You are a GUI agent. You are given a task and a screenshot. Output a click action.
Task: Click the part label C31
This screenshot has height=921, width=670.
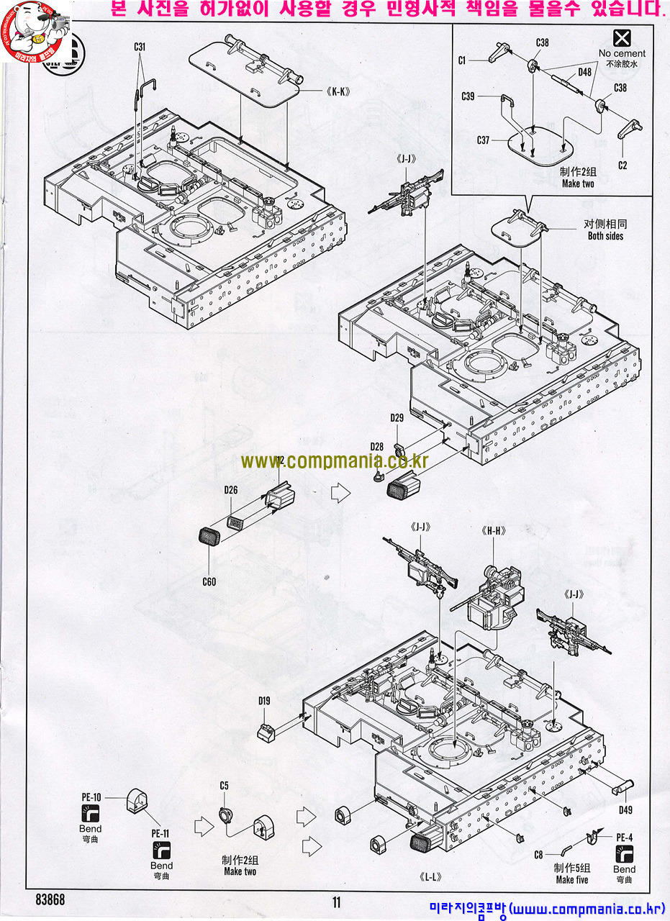(140, 47)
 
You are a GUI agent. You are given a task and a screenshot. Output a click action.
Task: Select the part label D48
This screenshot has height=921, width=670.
(584, 73)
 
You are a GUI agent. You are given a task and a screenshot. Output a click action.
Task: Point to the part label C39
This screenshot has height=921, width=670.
(468, 96)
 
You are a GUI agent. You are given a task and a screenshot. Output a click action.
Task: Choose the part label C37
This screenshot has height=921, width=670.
(483, 140)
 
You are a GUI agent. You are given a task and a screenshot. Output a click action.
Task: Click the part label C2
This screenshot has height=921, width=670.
(623, 165)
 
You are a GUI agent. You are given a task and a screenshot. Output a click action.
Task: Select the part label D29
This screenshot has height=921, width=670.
(397, 418)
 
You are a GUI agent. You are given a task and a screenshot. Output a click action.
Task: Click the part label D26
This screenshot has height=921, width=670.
(230, 491)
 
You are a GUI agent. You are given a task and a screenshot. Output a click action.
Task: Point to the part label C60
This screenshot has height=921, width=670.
(209, 581)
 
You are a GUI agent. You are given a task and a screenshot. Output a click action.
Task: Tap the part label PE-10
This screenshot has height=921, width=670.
(91, 797)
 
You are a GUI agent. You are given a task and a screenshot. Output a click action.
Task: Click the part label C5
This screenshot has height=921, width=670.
(224, 786)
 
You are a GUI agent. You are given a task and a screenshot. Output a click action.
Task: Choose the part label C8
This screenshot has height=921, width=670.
(538, 855)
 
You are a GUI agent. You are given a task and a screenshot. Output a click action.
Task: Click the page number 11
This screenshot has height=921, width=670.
(336, 902)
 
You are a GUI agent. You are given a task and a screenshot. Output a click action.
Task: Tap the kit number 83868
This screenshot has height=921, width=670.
(50, 900)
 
